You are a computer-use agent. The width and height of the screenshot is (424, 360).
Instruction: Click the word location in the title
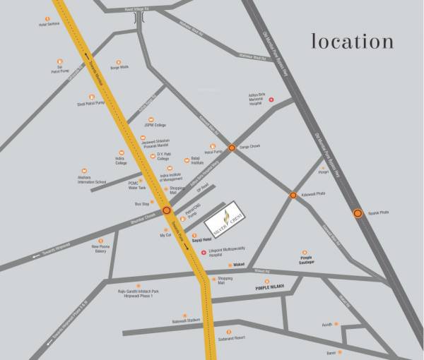pos(352,41)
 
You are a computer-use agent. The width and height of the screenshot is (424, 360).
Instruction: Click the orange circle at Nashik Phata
pos(358,212)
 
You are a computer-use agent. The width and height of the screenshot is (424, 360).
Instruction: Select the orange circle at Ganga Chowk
pos(232,148)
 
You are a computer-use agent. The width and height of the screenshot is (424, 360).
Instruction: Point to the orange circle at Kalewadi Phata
pos(293,195)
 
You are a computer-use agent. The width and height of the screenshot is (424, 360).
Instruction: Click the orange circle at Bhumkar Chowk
pos(167,210)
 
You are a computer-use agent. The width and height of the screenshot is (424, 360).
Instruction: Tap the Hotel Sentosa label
pos(49,24)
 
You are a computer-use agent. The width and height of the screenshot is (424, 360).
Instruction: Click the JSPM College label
pos(154,125)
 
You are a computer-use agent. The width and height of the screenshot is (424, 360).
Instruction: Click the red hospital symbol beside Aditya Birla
pos(269,99)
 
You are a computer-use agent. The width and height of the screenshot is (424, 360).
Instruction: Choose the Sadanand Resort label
pos(230,338)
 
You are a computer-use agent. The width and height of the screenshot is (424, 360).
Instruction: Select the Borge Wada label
pos(119,68)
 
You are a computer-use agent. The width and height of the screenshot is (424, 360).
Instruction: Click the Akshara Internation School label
pos(91,180)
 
